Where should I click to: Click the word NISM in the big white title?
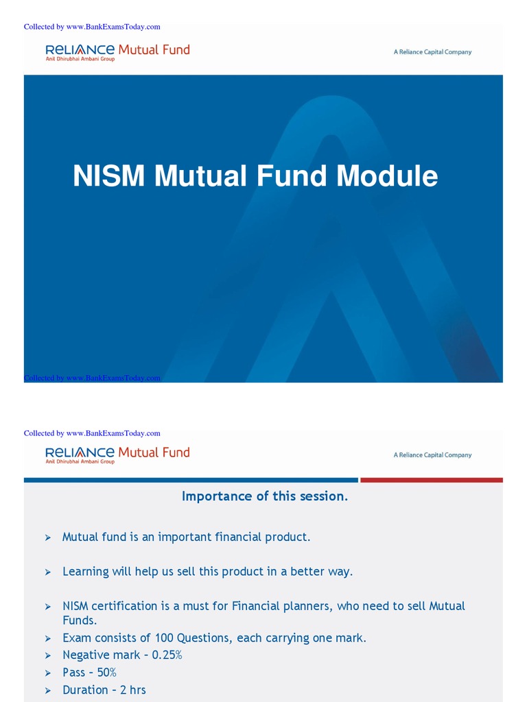[x=108, y=176]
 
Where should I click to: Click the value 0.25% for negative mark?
[x=167, y=655]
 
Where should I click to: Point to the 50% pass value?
[x=105, y=673]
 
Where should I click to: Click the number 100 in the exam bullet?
[x=164, y=638]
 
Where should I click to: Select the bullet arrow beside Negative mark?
[x=48, y=656]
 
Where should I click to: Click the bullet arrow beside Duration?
[x=48, y=690]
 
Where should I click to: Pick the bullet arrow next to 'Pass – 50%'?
[x=48, y=673]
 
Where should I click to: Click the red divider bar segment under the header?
[x=431, y=480]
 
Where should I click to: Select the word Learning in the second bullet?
[x=86, y=572]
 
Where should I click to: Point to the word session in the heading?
[x=325, y=496]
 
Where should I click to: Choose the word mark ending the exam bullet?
[x=350, y=638]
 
